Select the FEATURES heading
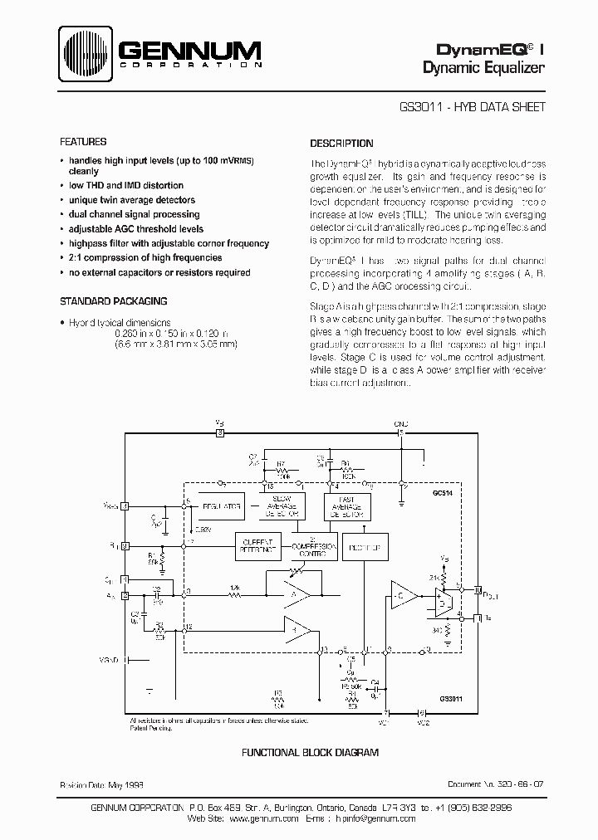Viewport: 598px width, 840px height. pos(82,142)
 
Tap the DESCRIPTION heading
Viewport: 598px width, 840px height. pos(341,143)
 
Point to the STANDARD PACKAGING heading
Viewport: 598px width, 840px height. pos(114,301)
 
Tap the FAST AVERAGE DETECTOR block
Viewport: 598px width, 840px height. pos(347,505)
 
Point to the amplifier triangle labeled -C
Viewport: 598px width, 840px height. pos(404,594)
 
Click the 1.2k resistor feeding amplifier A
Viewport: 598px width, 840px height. pos(236,593)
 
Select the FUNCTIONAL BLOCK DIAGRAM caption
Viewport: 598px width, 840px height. pos(310,752)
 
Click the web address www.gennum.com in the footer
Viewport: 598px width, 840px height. pos(262,818)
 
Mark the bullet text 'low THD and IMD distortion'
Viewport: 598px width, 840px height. pos(126,185)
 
